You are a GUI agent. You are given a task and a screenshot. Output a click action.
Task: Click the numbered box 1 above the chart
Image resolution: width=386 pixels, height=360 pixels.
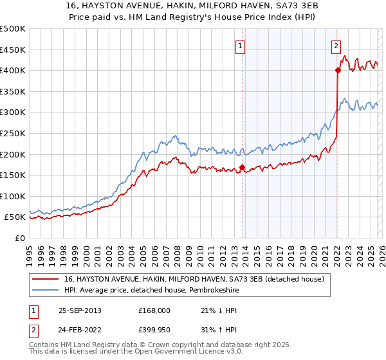coord(239,46)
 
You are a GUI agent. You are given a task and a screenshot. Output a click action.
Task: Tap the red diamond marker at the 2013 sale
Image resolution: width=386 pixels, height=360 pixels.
coord(242,168)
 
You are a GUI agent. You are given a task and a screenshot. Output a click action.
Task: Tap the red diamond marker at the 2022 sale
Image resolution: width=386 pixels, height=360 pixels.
coord(337,71)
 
